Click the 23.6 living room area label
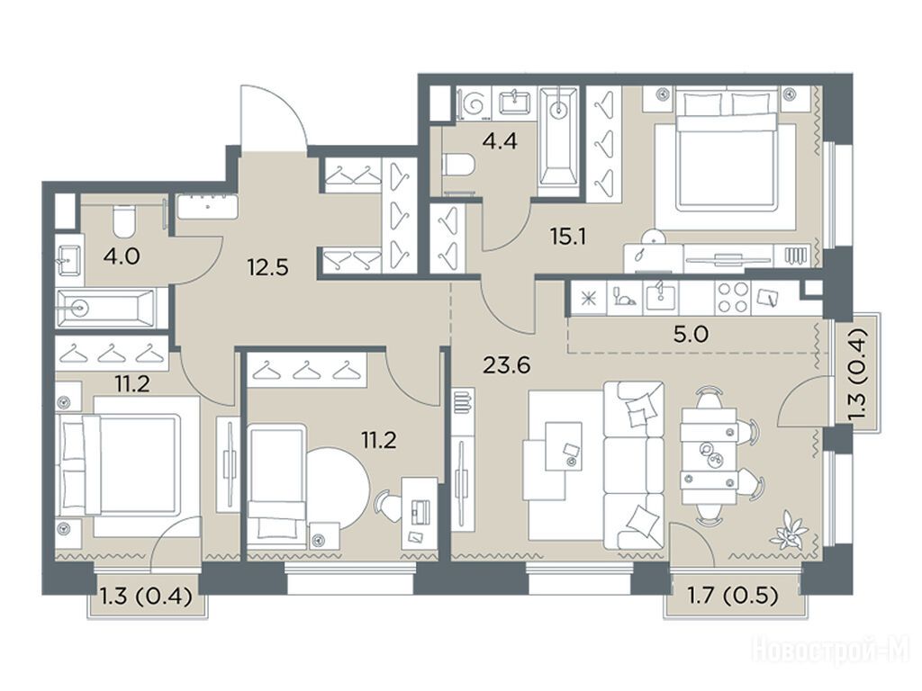coord(506,365)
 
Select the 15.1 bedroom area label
coord(568,237)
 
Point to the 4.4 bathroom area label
coord(500,141)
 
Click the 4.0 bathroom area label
coord(122,256)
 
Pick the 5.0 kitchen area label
coord(691,335)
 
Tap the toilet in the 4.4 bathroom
coord(458,164)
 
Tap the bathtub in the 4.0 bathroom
coord(106,307)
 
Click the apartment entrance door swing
coord(274,119)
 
